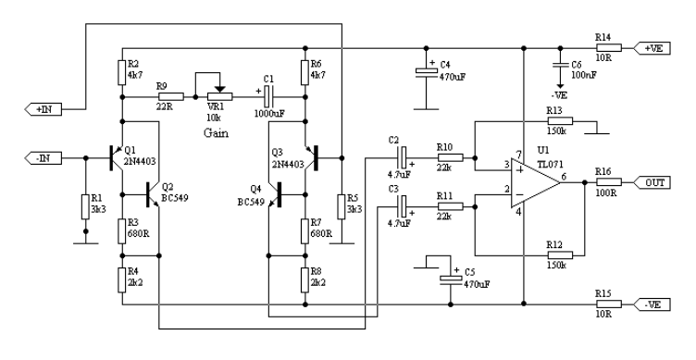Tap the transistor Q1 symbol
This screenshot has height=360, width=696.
(116, 157)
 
